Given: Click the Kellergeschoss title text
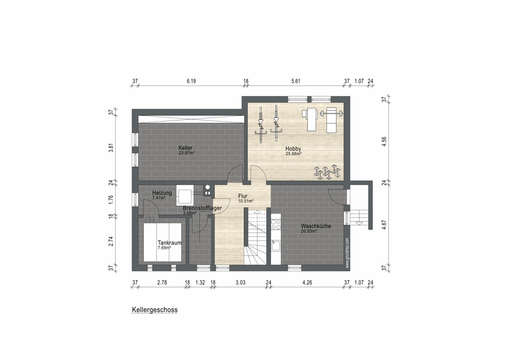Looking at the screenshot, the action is click(155, 310).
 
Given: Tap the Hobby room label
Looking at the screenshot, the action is click(293, 148).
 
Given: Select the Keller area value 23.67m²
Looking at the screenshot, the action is click(187, 152).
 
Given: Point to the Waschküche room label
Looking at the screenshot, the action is click(316, 226).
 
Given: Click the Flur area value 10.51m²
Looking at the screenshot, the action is click(246, 201).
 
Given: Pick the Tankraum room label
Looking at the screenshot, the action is click(169, 243).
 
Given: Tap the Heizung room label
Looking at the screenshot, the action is click(162, 193).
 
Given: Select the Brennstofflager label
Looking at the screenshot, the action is click(202, 208).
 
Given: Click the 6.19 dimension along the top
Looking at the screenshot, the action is click(191, 81).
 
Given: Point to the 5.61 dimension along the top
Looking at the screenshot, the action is click(296, 81).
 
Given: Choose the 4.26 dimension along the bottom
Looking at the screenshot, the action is click(307, 282).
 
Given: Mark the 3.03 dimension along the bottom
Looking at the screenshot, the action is click(240, 282).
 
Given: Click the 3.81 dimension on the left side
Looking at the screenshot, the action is click(111, 148).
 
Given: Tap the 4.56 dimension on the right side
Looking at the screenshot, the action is click(384, 142).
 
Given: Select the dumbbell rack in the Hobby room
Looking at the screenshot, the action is click(327, 172).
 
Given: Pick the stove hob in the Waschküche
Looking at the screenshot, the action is click(276, 224).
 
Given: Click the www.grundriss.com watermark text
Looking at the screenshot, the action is click(347, 253).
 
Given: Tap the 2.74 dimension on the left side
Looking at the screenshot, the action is click(111, 241).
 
